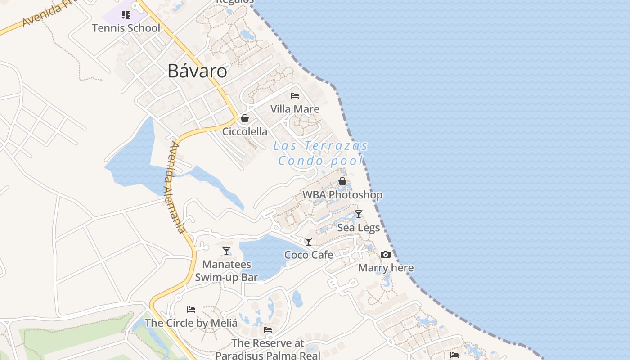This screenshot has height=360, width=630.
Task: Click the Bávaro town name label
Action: click(197, 71)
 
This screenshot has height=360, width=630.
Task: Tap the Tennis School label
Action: click(126, 28)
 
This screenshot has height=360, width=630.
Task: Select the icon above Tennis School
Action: click(126, 15)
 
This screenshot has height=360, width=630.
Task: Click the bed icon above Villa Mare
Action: click(295, 95)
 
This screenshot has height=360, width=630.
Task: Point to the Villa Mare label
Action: click(295, 109)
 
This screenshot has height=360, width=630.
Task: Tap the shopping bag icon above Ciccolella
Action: click(245, 118)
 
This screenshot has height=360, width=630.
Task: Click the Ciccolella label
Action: click(245, 131)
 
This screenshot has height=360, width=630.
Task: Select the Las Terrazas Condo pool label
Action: click(321, 153)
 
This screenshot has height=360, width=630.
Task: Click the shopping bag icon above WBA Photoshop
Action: click(342, 181)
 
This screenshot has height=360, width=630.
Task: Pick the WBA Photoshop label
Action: click(342, 195)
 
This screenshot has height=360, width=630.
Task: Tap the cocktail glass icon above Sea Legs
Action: click(359, 214)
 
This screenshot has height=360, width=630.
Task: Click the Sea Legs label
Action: click(359, 228)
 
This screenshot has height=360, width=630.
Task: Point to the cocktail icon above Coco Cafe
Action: click(309, 242)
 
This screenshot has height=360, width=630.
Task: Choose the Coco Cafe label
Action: click(309, 255)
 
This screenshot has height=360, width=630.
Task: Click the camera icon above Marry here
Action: click(386, 255)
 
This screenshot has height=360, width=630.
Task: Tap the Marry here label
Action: click(386, 268)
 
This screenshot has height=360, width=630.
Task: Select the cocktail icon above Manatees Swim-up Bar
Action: click(226, 251)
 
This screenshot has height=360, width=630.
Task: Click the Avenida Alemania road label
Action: click(175, 187)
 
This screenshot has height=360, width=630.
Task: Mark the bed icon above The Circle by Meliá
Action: click(191, 310)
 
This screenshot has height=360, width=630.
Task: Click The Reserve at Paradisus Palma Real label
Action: click(268, 349)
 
